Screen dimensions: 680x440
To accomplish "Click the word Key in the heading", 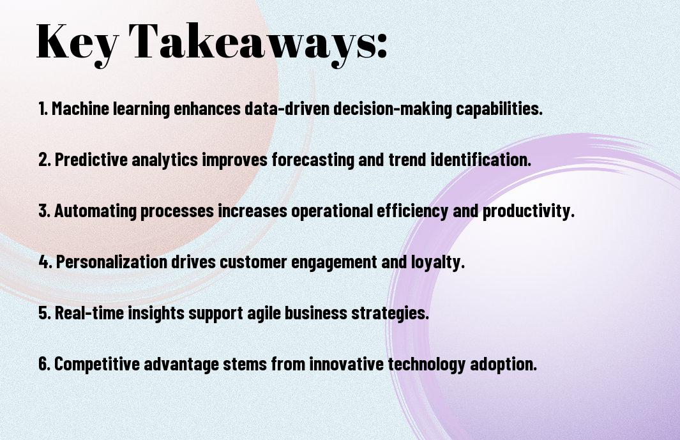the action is coord(77,43).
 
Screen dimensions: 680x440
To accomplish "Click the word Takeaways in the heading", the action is coord(252,43).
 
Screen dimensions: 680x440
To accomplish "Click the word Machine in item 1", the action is coord(80,109).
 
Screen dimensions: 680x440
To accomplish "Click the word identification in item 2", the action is coord(481,160).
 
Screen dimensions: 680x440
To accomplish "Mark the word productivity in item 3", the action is coord(529,211).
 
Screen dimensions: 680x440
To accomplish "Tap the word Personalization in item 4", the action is coord(112,262).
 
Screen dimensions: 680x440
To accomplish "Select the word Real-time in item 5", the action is coord(89,313).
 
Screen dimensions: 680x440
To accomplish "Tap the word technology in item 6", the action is coord(427,364).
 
